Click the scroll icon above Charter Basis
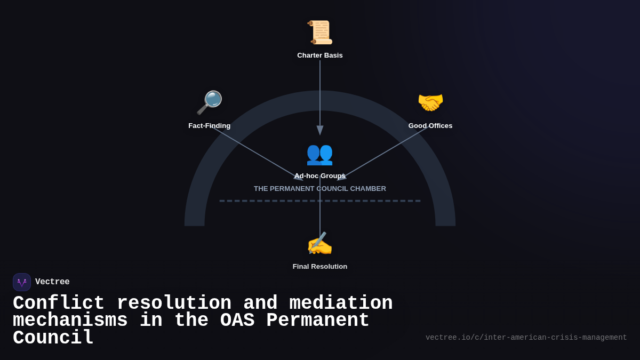tap(320, 32)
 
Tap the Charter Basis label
tap(320, 55)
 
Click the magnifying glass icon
tap(209, 102)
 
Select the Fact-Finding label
tap(210, 126)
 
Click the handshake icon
tap(430, 102)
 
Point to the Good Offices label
tap(430, 126)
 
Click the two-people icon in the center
tap(319, 154)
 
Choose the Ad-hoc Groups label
tap(320, 176)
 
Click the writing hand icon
tap(319, 244)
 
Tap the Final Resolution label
tap(320, 267)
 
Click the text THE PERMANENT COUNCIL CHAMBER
tap(320, 189)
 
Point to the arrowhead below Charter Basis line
tap(320, 130)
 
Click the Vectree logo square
tap(22, 282)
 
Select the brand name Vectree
tap(52, 282)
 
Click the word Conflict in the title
tap(59, 303)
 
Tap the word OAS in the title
tap(237, 321)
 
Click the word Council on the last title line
tap(53, 338)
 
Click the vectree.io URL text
tap(526, 338)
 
